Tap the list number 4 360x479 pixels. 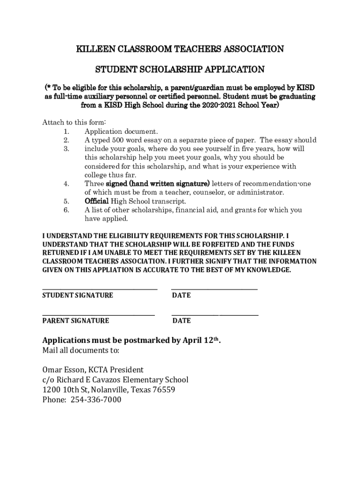coord(66,184)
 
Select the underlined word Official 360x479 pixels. coord(96,201)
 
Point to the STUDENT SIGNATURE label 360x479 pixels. coord(78,296)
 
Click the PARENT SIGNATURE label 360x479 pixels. coord(76,321)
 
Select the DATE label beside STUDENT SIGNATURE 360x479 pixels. coord(181,296)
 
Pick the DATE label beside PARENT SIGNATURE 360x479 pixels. coord(181,321)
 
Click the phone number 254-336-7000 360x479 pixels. coord(96,400)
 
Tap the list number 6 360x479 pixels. coord(66,210)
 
